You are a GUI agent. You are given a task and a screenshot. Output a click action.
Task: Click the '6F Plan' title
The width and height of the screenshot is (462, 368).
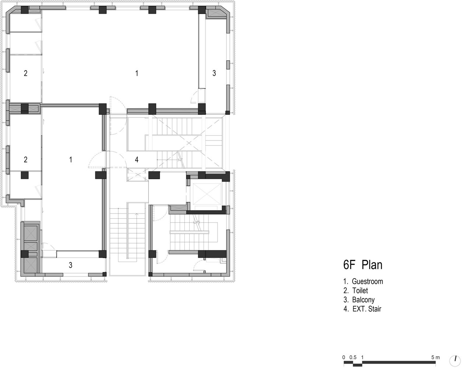[x=363, y=265]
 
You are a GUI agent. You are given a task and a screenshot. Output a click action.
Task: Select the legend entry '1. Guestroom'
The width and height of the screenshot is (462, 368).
[x=363, y=281]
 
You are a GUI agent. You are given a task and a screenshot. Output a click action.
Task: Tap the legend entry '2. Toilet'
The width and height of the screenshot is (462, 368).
[x=356, y=291]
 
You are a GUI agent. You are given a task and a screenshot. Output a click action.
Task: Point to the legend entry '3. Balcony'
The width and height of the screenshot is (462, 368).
[x=359, y=300]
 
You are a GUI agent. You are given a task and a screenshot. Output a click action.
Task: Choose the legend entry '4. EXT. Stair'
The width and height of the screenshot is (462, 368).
[x=362, y=309]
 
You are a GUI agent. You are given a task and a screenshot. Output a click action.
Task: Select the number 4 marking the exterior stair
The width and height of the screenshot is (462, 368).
[x=137, y=159]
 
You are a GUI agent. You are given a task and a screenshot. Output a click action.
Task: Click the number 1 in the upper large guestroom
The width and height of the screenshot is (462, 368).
[x=137, y=73]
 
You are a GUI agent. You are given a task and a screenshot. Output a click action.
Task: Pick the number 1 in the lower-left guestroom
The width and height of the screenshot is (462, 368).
[x=71, y=159]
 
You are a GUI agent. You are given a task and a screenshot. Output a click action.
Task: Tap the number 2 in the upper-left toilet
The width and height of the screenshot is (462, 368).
[x=25, y=73]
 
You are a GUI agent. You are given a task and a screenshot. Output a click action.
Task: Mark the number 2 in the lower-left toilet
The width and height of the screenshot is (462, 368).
[x=25, y=159]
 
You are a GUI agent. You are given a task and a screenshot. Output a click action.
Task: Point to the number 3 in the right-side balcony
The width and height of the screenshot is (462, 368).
[x=214, y=73]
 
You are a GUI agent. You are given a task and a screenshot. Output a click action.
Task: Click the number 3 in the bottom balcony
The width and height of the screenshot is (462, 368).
[x=70, y=265]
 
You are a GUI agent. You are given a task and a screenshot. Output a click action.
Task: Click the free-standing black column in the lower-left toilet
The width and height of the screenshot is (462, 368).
[x=25, y=175]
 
